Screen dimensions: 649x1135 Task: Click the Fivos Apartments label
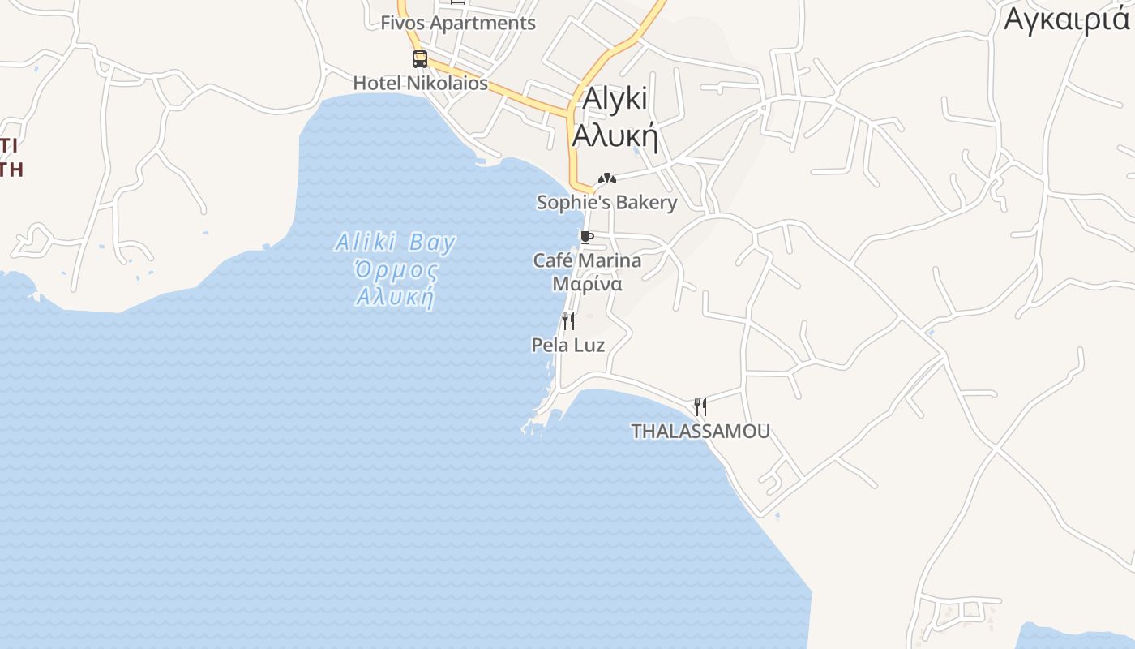pos(458,23)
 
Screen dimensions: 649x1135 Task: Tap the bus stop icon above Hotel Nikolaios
pos(419,58)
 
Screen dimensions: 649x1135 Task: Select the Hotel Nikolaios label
pos(420,83)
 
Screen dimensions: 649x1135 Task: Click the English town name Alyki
pos(615,98)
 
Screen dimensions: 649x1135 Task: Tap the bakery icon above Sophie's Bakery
pos(606,178)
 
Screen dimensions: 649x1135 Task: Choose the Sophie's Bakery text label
pos(606,202)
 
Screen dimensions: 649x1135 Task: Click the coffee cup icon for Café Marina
pos(587,238)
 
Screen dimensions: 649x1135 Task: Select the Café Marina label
pos(587,260)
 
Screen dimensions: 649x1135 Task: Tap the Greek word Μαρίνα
pos(587,284)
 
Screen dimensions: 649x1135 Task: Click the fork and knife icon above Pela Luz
pos(568,321)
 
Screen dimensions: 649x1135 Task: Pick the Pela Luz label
pos(567,345)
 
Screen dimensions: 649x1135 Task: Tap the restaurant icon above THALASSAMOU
pos(700,406)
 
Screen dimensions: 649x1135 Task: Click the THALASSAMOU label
pos(700,431)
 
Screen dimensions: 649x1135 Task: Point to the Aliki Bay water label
pos(395,243)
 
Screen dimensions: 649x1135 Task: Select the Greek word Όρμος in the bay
pos(396,269)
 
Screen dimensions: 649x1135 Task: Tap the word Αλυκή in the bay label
pos(396,297)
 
